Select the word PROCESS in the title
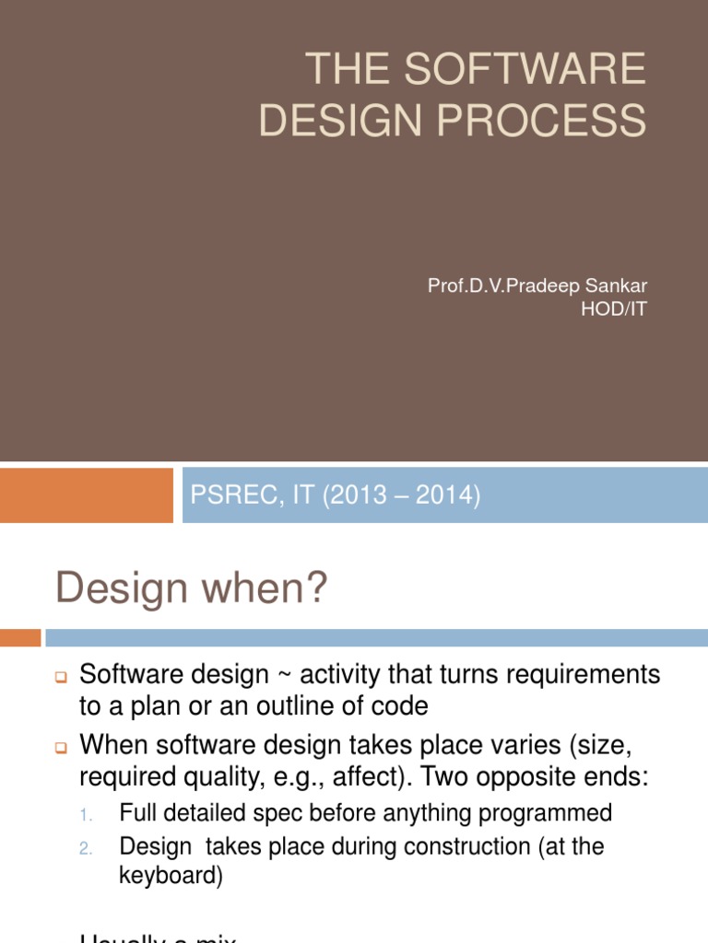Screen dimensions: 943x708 (544, 121)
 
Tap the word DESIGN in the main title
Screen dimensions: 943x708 (343, 121)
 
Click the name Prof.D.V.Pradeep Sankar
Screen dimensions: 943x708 (537, 285)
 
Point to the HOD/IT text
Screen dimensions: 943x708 (614, 309)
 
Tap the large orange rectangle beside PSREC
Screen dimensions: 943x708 (87, 495)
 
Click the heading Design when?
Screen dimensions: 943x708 (192, 588)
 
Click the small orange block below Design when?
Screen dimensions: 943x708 (20, 637)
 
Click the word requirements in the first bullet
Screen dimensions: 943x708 (581, 676)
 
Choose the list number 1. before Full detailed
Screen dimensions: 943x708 (85, 815)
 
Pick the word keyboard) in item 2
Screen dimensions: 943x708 (171, 877)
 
